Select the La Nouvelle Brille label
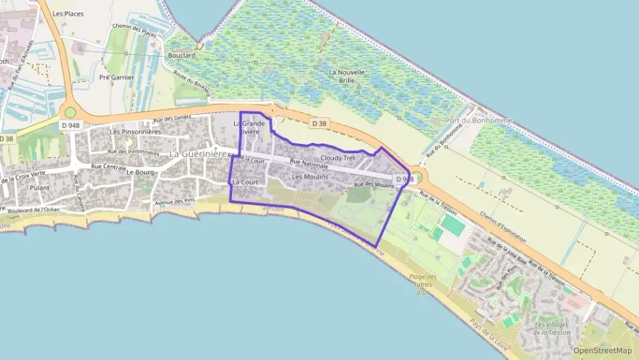point(347,75)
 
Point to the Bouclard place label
point(181,55)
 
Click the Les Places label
point(68,14)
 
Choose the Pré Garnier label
point(117,77)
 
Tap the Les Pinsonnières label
point(135,132)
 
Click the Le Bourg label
point(139,173)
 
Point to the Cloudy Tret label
point(338,158)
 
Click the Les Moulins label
point(310,177)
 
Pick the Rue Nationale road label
point(309,165)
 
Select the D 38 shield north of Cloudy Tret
point(319,124)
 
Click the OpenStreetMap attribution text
point(602,350)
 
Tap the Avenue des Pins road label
point(175,202)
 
